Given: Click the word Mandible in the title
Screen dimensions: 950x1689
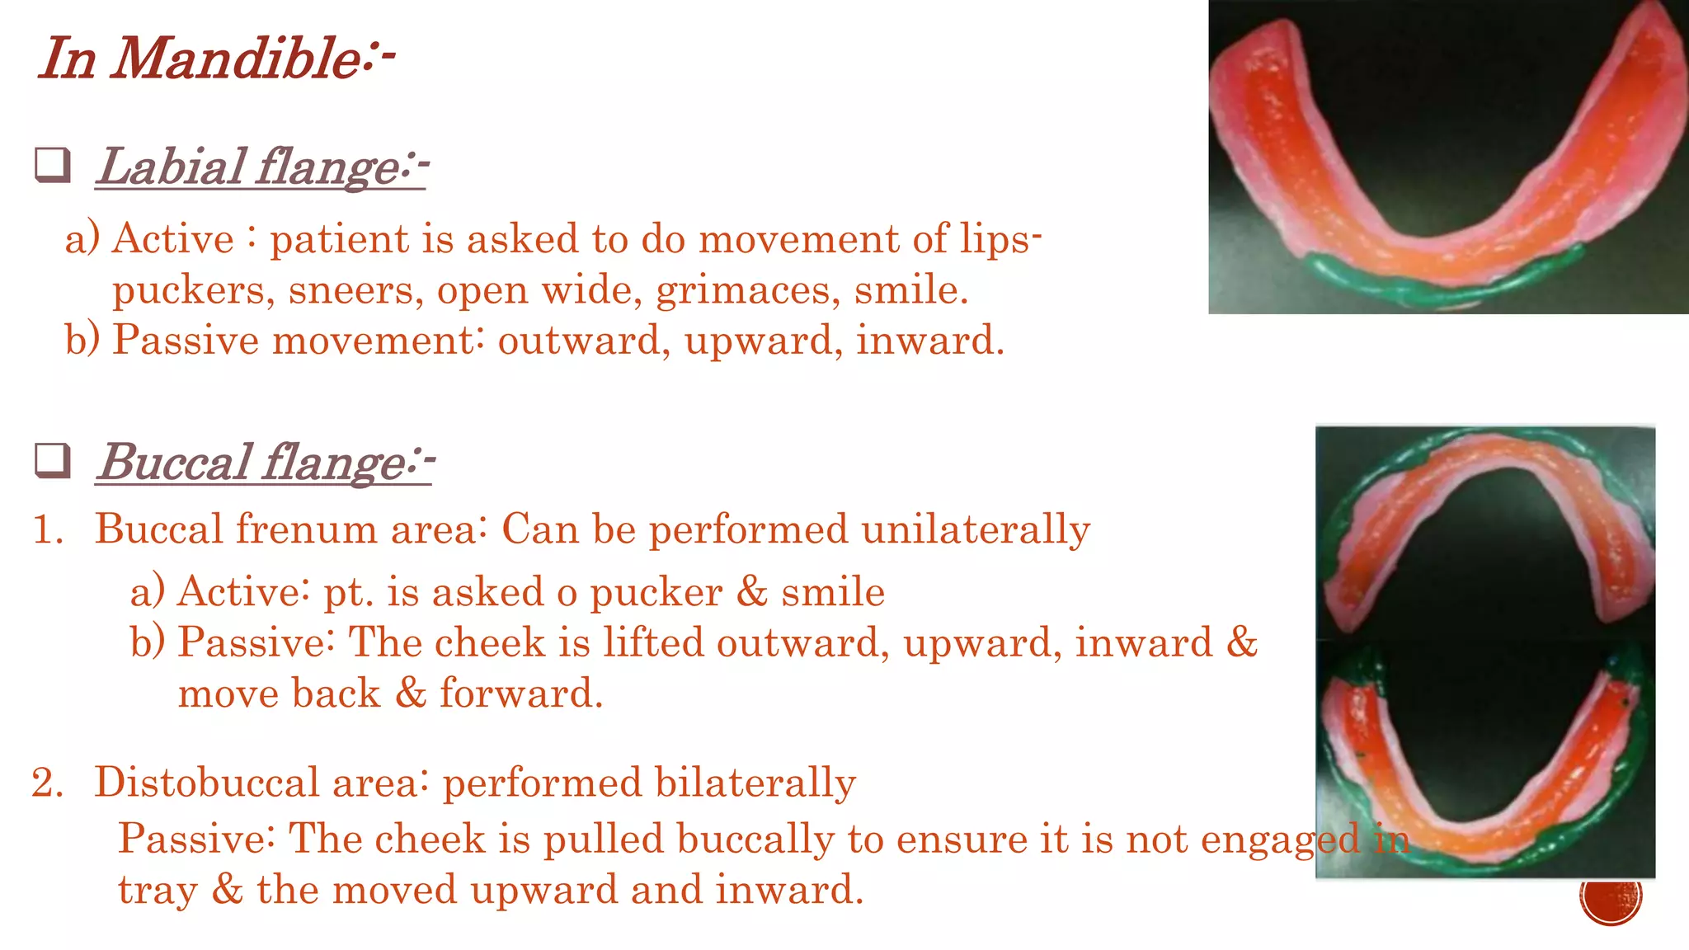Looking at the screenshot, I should pos(234,59).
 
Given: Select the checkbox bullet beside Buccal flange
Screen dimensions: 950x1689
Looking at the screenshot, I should pos(53,460).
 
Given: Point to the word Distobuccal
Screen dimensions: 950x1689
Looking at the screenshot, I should pos(206,783).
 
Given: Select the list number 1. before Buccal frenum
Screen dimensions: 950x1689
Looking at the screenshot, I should pos(48,529).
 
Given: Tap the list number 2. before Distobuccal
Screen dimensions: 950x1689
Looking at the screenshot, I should pos(48,783).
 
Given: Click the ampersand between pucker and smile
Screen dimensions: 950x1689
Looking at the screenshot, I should pos(751,592).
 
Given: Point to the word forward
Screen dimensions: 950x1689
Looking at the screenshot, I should pos(521,694).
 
